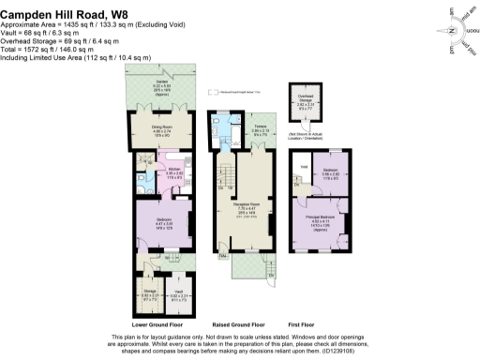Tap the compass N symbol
[452, 30]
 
